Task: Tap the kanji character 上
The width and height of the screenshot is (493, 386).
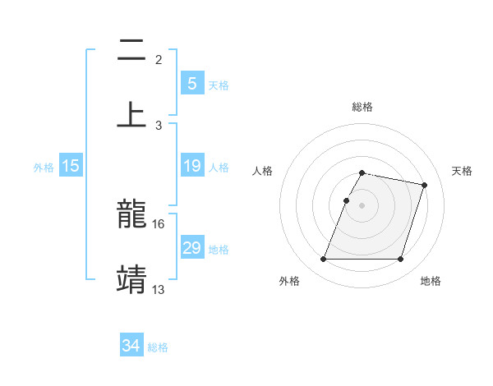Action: point(131,115)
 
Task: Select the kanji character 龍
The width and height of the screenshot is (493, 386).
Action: point(131,215)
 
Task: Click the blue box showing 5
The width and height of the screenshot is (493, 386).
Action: point(191,83)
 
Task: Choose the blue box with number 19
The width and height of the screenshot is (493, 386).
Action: point(191,166)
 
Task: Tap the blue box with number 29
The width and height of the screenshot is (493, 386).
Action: point(191,248)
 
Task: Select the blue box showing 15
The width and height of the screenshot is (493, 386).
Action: point(71,166)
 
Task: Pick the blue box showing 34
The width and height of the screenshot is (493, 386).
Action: point(131,346)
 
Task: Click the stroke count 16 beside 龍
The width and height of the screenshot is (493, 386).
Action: point(159,223)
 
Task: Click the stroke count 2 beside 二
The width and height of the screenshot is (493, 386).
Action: point(159,60)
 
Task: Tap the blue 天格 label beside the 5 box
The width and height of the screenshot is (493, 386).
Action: point(219,85)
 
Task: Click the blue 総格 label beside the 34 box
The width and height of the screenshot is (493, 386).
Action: point(158,347)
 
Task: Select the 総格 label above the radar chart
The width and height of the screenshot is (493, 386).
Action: point(362,107)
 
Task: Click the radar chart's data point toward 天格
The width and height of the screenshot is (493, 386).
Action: point(425,185)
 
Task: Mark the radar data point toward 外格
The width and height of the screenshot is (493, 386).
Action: point(324,260)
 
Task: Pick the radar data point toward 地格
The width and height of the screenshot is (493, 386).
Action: point(400,260)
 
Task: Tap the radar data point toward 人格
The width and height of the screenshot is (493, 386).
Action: point(346,200)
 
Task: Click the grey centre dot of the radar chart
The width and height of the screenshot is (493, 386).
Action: point(362,205)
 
